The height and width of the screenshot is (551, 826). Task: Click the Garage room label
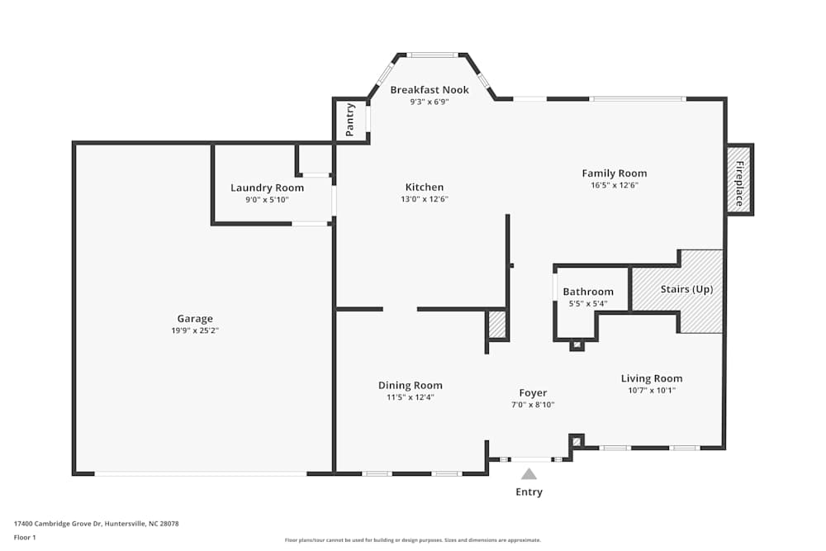coord(195,319)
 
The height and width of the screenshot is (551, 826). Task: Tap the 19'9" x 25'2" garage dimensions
coord(195,330)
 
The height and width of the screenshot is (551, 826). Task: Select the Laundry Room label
coord(267,188)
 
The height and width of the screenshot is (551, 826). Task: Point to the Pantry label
coord(351,120)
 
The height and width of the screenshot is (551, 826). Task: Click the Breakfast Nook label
coord(430,90)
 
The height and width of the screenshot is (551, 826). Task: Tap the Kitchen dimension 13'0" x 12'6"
coord(425,199)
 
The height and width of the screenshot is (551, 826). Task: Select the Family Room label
coord(614,173)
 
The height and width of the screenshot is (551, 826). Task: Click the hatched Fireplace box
coord(739,179)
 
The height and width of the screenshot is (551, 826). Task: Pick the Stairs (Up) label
coord(686,290)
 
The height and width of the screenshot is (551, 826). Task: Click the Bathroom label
coord(588,292)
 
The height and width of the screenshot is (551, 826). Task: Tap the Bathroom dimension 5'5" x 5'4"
coord(588,303)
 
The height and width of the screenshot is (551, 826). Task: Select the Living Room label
coord(652,379)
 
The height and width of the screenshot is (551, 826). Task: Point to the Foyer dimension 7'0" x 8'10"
coord(533,405)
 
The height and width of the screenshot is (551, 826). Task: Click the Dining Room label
coord(411,386)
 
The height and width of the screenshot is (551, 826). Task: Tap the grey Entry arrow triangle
coord(529,474)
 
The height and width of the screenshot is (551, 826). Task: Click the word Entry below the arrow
coord(529,492)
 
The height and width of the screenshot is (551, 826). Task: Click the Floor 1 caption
coord(25,537)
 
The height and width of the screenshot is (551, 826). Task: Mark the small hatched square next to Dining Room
coord(497,325)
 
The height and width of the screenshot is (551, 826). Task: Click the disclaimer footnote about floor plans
coord(413,540)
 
